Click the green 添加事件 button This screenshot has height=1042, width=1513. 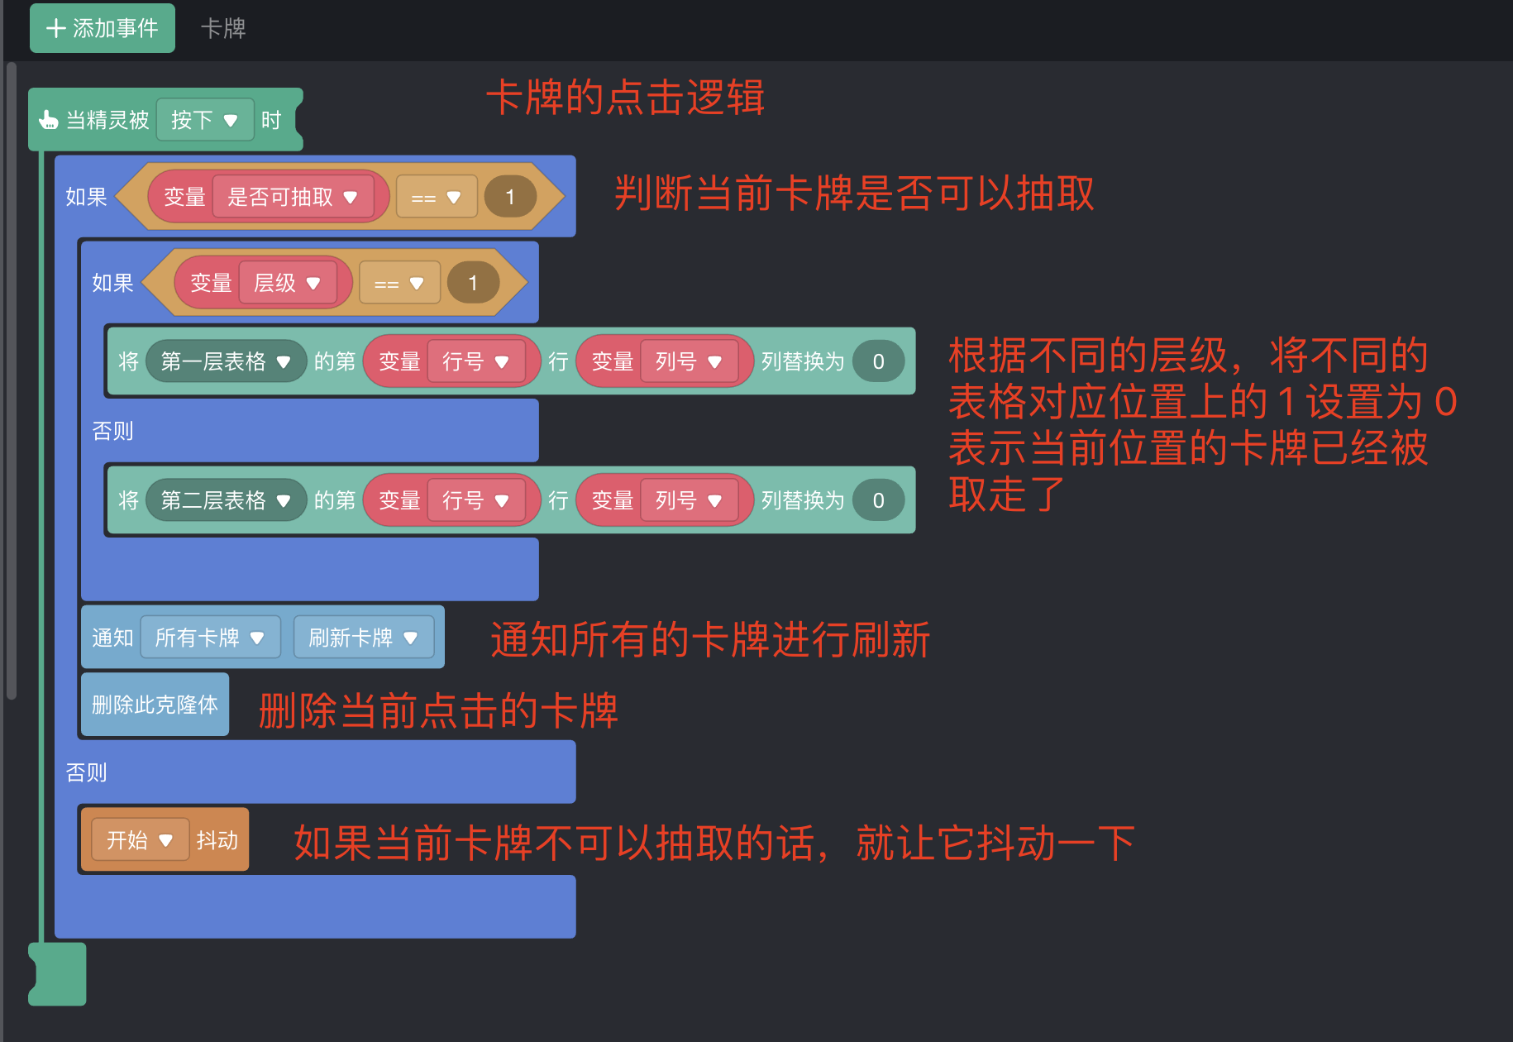pos(103,28)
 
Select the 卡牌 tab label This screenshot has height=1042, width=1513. pos(223,28)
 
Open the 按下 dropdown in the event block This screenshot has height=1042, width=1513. pos(205,121)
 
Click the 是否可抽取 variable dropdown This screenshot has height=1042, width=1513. pos(293,197)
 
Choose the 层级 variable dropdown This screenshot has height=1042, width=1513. pos(287,283)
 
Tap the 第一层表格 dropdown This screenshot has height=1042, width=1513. pos(225,361)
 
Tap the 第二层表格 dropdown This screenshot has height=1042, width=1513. pos(225,500)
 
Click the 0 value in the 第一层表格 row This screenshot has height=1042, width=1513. pos(878,361)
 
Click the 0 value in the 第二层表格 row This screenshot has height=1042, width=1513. pos(878,500)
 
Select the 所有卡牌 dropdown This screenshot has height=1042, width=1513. pos(210,638)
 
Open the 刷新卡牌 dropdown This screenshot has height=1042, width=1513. pos(363,638)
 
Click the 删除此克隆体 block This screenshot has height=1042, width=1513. pos(155,705)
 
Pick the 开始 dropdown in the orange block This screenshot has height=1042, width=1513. pos(140,840)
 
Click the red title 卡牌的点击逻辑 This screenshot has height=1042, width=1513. pos(625,98)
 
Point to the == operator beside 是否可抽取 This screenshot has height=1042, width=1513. pos(436,198)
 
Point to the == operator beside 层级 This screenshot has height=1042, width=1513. pos(399,284)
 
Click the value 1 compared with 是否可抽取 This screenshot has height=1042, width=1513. pos(510,197)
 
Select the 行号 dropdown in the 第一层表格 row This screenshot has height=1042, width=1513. pos(475,361)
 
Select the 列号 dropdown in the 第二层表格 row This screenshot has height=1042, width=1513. pos(689,500)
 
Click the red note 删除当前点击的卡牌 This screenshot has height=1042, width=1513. pos(438,710)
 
